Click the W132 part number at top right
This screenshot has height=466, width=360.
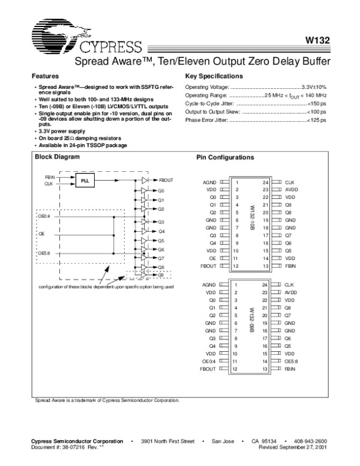pyautogui.click(x=316, y=43)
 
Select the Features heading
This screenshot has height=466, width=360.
pyautogui.click(x=45, y=77)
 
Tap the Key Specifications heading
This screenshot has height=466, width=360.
pyautogui.click(x=214, y=77)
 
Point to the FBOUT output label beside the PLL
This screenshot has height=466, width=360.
pyautogui.click(x=167, y=180)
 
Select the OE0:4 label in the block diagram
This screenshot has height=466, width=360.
pyautogui.click(x=45, y=216)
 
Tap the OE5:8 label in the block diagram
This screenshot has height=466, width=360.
pyautogui.click(x=45, y=253)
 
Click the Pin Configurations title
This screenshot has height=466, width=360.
pyautogui.click(x=226, y=157)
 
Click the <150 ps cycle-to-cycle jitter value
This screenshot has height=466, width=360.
pyautogui.click(x=316, y=103)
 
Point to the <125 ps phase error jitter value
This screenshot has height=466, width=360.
pyautogui.click(x=316, y=120)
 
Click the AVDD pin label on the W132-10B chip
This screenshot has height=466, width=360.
pyautogui.click(x=292, y=189)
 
